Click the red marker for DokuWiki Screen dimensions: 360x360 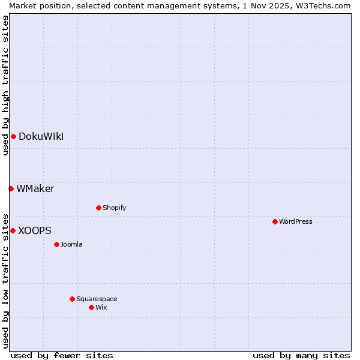click(x=13, y=136)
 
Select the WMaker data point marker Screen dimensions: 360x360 click(x=11, y=188)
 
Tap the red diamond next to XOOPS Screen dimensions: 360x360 click(x=13, y=230)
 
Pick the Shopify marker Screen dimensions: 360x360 click(x=98, y=208)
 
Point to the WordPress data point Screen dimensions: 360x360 click(x=275, y=221)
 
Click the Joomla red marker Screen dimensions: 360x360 click(x=56, y=244)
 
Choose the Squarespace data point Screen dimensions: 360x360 click(x=72, y=299)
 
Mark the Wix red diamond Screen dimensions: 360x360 click(x=91, y=307)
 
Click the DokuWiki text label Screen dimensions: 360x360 click(x=41, y=136)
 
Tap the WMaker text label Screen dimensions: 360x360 click(x=35, y=188)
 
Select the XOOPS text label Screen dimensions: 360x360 click(x=35, y=230)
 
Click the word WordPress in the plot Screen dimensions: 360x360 click(x=295, y=221)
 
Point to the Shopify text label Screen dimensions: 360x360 click(x=114, y=208)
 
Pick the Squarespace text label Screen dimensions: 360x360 click(x=97, y=299)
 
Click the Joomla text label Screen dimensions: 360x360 click(x=71, y=244)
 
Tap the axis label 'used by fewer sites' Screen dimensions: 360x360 click(x=62, y=355)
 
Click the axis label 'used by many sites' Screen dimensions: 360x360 click(x=301, y=355)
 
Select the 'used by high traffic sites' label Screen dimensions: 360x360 click(x=5, y=85)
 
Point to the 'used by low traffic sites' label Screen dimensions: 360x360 click(x=5, y=280)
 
